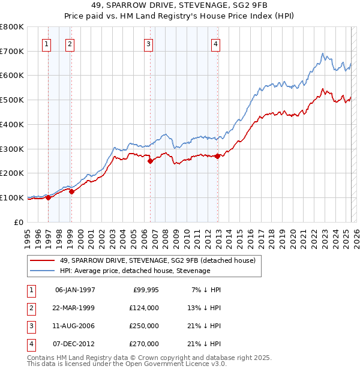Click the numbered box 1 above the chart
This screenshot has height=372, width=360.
[x=47, y=43]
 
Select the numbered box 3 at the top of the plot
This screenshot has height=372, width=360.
[x=148, y=43]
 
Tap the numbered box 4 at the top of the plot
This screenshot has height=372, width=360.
[x=215, y=43]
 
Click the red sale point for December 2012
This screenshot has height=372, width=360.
[x=218, y=156]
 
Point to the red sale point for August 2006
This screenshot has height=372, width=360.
[x=151, y=160]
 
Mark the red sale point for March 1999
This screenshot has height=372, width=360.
[x=71, y=191]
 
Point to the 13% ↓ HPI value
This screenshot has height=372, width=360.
[x=205, y=308]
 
